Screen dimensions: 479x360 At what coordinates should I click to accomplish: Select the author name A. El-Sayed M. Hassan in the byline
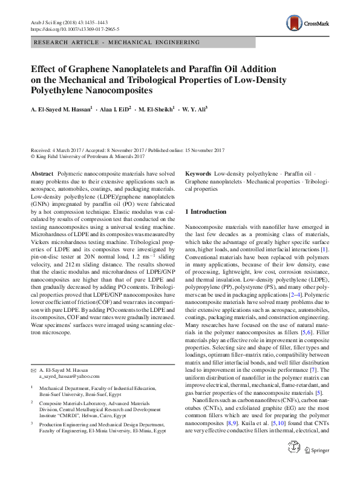[x=61, y=110]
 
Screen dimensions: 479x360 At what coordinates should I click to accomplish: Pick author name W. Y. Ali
[x=194, y=110]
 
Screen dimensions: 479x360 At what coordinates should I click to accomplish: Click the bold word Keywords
[x=198, y=173]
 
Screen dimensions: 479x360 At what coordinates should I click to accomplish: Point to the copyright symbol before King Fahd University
[x=33, y=156]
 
